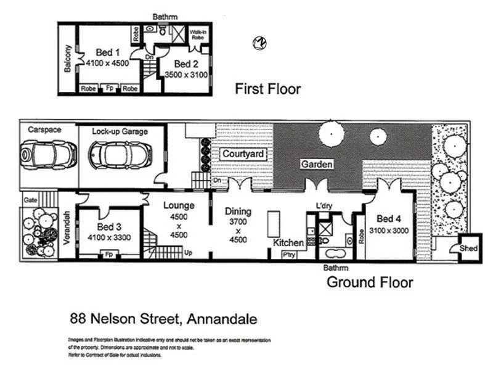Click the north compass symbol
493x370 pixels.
tap(259, 43)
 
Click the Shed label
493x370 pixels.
tap(468, 248)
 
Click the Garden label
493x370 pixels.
tap(317, 164)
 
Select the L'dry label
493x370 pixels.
tap(324, 205)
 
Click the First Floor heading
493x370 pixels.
tap(267, 89)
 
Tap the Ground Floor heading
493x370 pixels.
tap(369, 282)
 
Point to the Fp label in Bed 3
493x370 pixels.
tap(108, 254)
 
